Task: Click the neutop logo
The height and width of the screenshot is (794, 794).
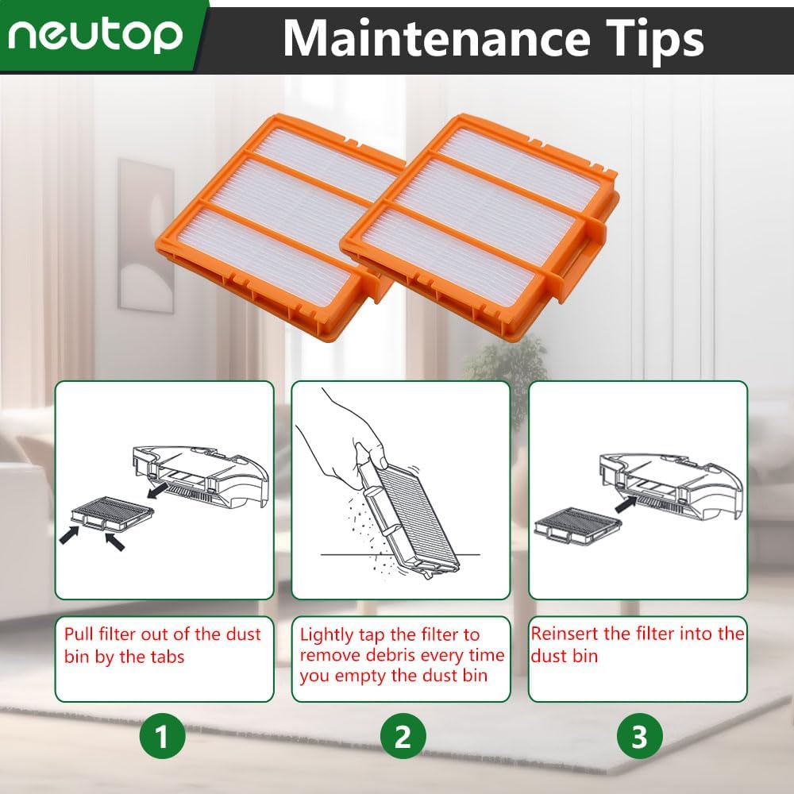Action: (98, 33)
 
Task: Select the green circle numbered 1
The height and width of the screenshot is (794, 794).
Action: (162, 738)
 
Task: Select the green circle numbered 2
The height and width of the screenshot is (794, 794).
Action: (402, 738)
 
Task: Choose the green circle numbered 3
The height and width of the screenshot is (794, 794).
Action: (638, 738)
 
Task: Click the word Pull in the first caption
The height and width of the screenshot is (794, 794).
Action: (79, 634)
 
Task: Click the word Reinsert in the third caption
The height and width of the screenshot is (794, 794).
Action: (565, 634)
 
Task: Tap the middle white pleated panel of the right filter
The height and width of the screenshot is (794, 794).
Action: (485, 206)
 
